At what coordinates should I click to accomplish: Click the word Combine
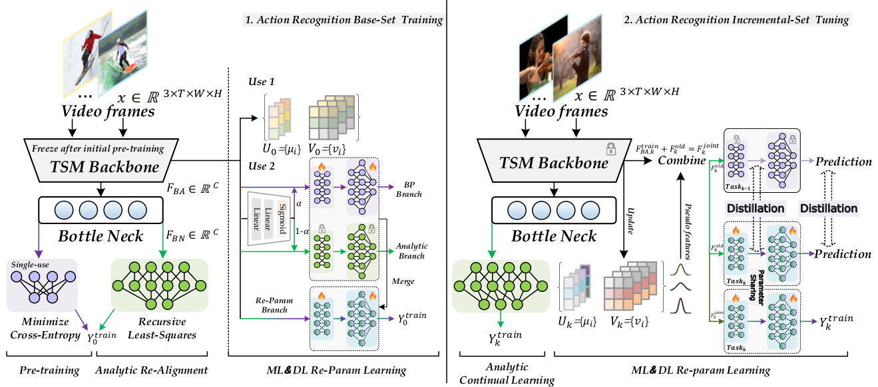click(x=682, y=160)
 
